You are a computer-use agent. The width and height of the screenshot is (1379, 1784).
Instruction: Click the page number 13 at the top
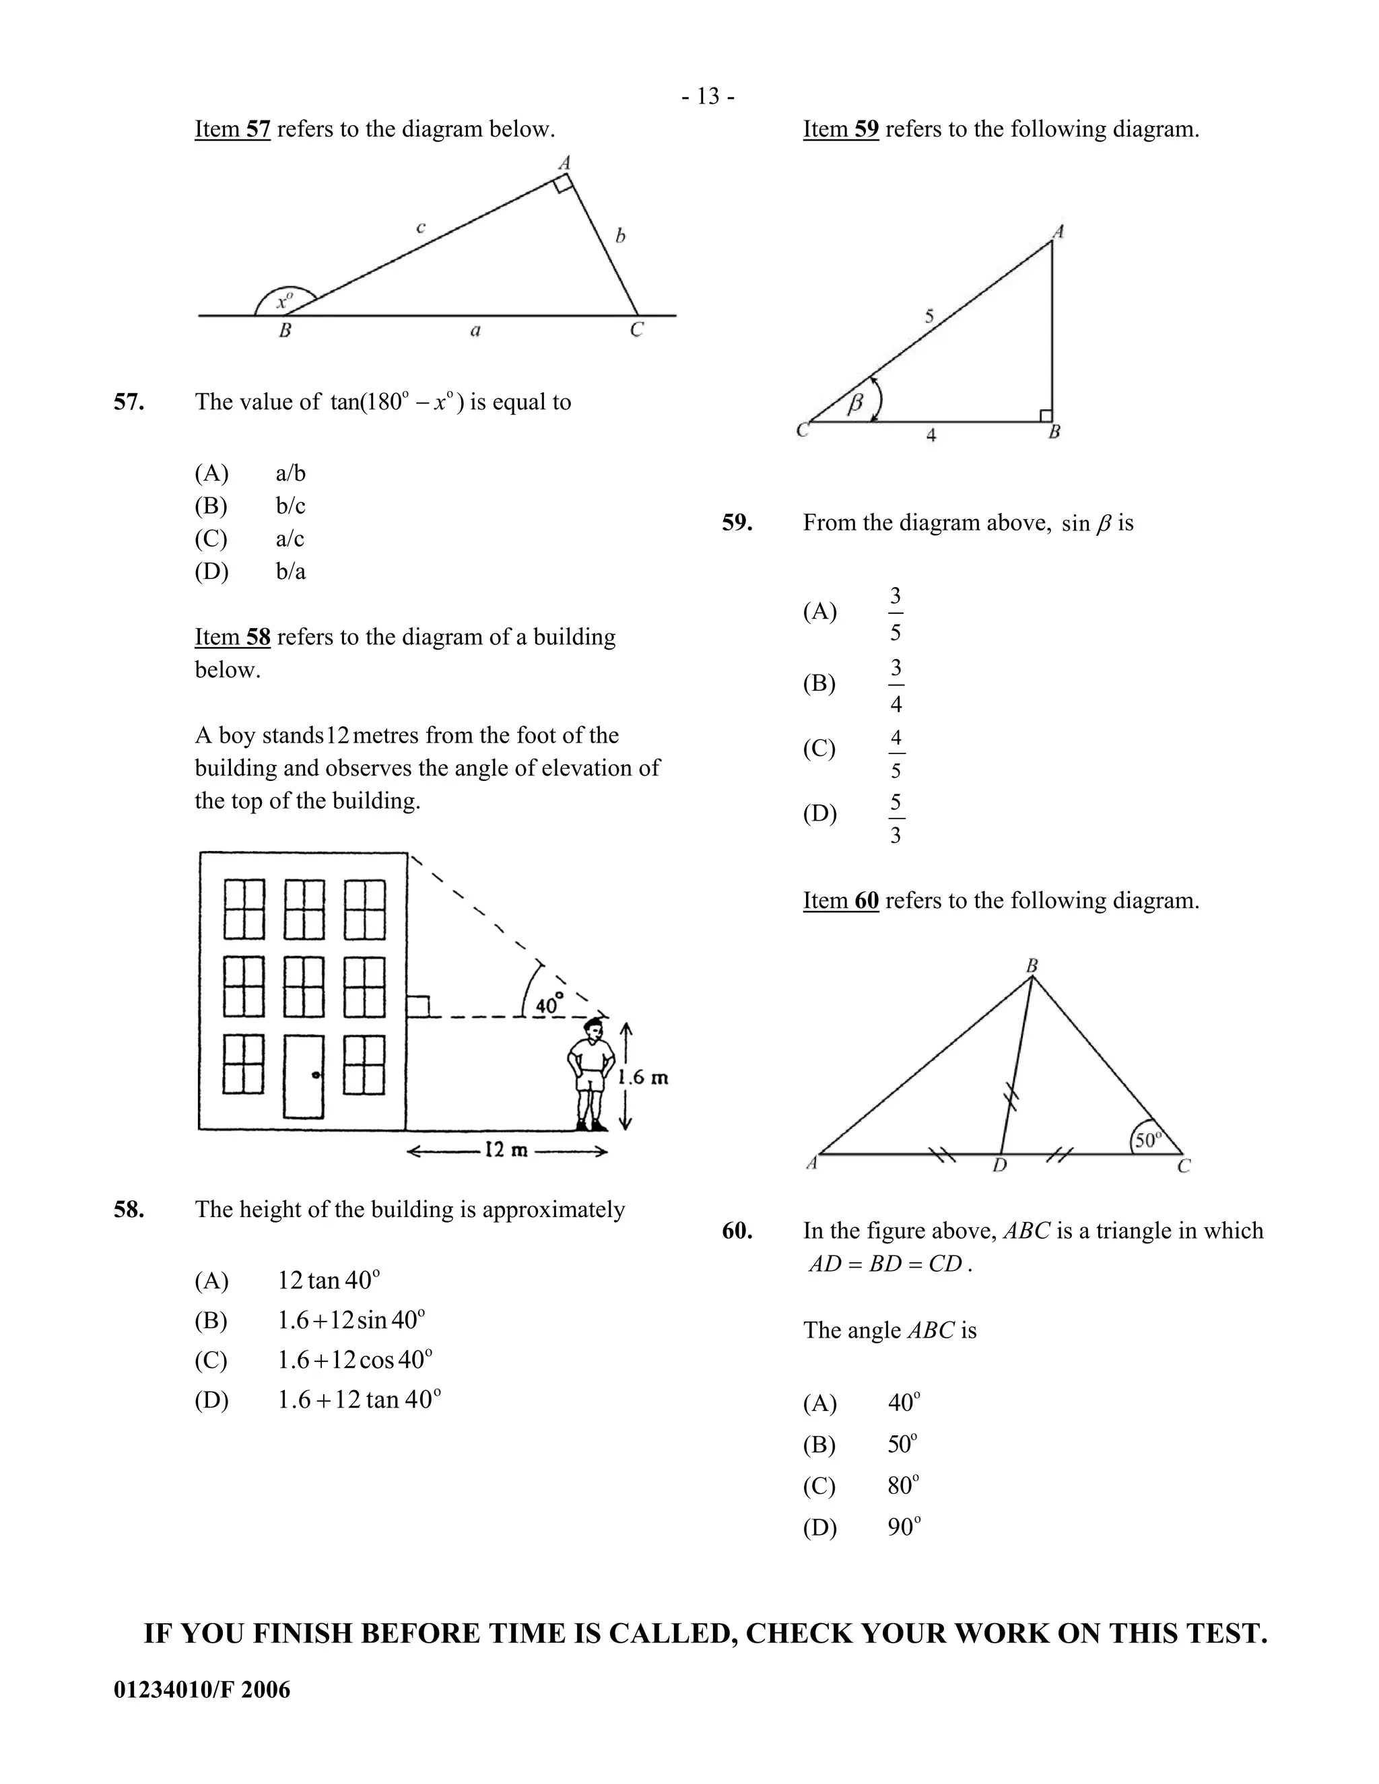708,97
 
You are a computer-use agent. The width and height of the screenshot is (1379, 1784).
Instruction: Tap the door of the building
303,1076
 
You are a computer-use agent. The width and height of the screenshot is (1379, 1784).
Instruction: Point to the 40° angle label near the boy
549,1004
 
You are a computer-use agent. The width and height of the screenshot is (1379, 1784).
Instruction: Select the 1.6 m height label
644,1077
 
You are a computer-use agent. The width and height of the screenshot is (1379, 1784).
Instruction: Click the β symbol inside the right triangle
855,403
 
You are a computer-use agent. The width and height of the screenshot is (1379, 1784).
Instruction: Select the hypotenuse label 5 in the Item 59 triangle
929,316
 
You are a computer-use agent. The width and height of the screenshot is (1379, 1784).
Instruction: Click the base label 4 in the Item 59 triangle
931,436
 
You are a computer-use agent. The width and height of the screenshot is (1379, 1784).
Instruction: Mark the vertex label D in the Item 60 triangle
1000,1165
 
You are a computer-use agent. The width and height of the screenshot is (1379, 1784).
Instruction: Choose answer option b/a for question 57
290,571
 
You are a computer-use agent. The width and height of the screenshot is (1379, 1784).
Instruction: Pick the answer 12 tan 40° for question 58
329,1280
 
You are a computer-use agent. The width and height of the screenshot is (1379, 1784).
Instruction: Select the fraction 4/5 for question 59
896,754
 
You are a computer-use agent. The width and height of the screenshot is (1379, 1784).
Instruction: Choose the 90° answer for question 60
904,1527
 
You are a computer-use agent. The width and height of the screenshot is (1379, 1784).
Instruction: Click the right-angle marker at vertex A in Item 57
564,185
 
